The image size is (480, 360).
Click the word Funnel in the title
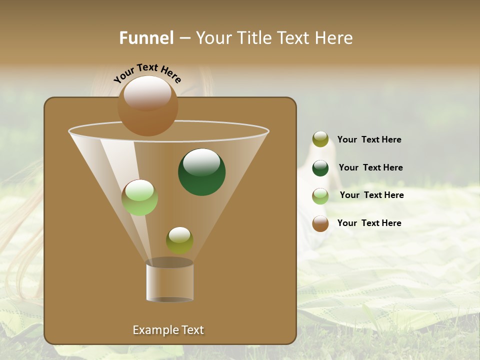146,38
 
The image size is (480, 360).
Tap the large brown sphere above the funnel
147,106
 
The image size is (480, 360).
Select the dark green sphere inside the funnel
201,172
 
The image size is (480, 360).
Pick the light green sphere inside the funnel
139,197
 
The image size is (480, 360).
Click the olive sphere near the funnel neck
179,240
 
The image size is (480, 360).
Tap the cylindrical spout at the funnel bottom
170,281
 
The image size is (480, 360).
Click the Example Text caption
168,330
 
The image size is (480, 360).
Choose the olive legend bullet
320,139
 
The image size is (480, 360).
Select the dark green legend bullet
320,168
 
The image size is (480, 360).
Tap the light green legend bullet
320,195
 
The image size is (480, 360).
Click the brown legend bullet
320,223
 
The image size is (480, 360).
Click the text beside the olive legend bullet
369,140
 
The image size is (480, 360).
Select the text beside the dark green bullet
370,168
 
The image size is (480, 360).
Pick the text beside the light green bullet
371,195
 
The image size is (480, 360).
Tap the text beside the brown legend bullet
369,223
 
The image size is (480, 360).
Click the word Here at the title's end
334,38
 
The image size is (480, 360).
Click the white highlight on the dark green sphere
201,161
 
